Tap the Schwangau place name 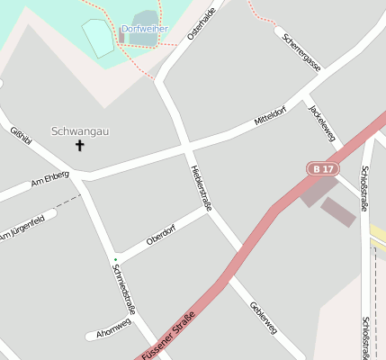tap(80, 131)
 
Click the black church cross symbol tap(79, 145)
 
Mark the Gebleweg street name tap(263, 316)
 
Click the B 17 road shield tap(321, 168)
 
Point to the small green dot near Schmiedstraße tap(115, 260)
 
